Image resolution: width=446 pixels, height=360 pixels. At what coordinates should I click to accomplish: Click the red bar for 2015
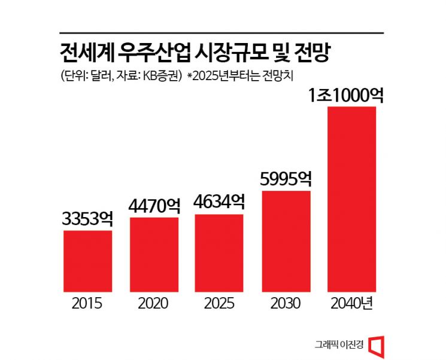87,260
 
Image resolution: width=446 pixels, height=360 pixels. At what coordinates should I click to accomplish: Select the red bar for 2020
154,254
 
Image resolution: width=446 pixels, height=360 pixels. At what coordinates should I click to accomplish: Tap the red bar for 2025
220,252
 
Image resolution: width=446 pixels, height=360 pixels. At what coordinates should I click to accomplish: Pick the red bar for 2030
286,240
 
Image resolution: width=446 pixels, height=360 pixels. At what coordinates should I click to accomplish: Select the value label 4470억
154,206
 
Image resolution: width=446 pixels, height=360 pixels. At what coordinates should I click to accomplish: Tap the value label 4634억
220,202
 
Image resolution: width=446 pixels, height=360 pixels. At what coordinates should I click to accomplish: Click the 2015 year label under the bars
87,303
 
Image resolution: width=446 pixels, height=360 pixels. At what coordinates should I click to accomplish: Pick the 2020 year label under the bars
154,303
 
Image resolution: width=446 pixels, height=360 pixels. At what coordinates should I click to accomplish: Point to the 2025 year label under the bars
220,303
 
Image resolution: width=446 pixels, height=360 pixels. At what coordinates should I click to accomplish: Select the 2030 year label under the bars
286,303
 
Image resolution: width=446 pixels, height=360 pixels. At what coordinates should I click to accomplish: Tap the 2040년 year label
352,303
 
